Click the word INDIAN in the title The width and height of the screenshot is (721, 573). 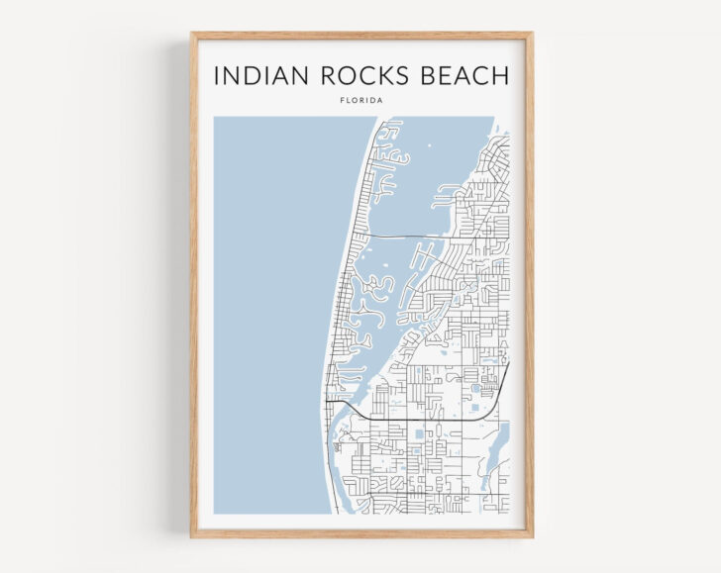pos(257,76)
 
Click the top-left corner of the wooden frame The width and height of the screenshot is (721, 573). pos(193,35)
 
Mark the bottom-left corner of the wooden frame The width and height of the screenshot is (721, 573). pos(193,535)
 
